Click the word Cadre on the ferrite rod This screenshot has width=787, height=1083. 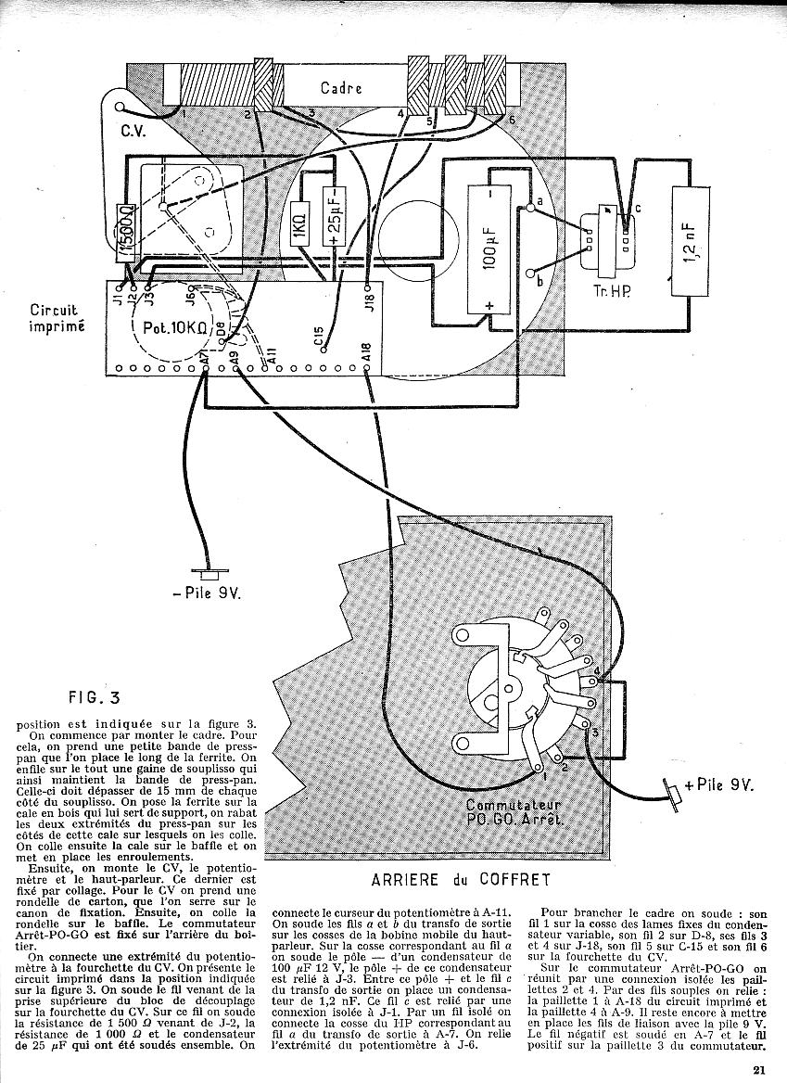pos(340,88)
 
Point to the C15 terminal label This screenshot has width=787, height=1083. pos(319,338)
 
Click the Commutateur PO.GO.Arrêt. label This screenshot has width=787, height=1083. pos(508,813)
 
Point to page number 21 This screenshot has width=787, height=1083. pos(758,1069)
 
